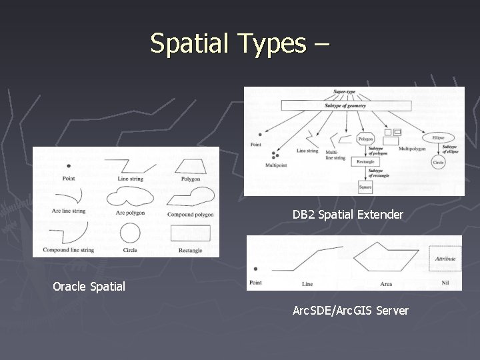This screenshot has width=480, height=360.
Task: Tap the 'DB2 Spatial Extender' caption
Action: (x=347, y=215)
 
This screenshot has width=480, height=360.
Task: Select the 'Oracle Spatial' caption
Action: (x=89, y=287)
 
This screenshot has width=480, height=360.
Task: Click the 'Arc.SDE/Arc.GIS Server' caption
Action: (x=351, y=310)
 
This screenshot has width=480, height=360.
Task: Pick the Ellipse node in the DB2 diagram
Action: (x=438, y=137)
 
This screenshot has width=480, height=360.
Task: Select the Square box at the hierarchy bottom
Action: (x=365, y=188)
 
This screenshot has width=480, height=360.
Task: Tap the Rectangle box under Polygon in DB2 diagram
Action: (x=365, y=161)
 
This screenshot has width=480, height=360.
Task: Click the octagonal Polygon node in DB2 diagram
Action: (x=365, y=139)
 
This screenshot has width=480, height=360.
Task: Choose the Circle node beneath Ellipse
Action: (x=438, y=162)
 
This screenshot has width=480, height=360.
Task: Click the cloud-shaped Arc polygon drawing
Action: (x=130, y=195)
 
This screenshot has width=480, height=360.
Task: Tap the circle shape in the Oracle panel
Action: (x=130, y=233)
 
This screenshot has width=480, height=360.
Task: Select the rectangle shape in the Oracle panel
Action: (x=190, y=233)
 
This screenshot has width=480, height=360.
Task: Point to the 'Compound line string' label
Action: (x=69, y=250)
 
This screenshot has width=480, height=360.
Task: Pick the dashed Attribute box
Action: (x=445, y=259)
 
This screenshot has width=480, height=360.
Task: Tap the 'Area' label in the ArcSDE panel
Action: (x=386, y=284)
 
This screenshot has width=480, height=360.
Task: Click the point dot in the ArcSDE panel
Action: (x=256, y=269)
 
